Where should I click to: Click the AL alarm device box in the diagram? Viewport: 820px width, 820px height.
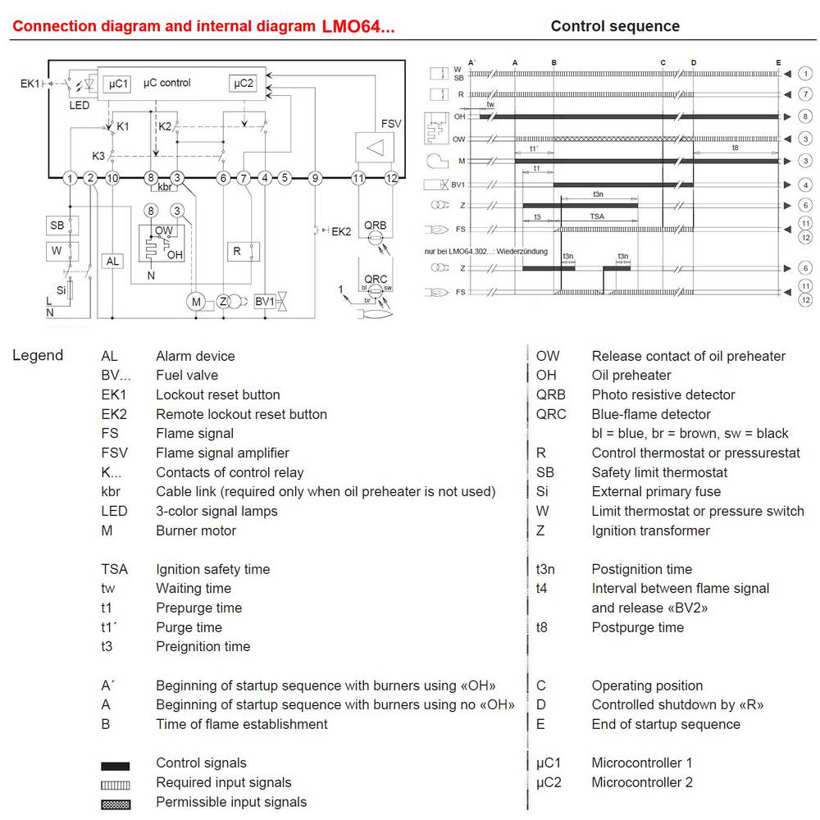coord(112,261)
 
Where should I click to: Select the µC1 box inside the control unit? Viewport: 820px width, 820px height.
coord(118,84)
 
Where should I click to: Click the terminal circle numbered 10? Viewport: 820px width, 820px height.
coord(112,178)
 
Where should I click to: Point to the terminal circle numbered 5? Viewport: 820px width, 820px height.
coord(285,178)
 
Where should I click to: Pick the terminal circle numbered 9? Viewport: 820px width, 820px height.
coord(315,178)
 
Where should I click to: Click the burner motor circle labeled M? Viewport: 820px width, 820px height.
coord(196,303)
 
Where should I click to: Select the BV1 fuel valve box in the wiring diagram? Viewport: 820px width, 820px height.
coord(265,303)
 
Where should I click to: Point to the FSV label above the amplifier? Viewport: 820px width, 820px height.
coord(391,124)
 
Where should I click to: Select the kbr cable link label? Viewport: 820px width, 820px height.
coord(164,188)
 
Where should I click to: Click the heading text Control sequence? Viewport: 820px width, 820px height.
coord(615,26)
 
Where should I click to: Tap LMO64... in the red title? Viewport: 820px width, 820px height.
coord(358,26)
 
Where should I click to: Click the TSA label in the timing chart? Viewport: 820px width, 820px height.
coord(598,216)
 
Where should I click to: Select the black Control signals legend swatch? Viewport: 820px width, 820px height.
coord(116,766)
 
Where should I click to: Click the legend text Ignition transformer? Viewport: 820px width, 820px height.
coord(650,531)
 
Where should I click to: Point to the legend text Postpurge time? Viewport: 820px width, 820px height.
coord(637,627)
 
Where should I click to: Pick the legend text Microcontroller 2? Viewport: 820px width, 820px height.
coord(642,782)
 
